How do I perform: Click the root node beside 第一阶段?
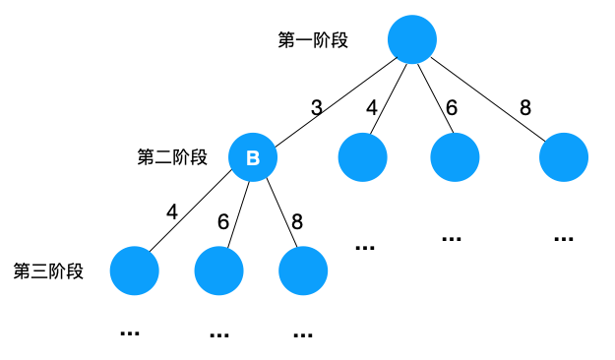[x=411, y=40]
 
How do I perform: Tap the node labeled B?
[x=253, y=157]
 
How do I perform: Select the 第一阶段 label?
[x=313, y=40]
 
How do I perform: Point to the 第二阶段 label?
[x=172, y=157]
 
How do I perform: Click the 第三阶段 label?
[x=48, y=271]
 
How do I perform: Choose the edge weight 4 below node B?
[x=172, y=210]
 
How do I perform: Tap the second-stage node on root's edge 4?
[x=362, y=157]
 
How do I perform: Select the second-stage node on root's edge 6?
[x=455, y=157]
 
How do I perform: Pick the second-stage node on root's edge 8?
[x=564, y=157]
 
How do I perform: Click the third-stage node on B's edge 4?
[x=134, y=271]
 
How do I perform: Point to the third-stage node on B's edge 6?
[x=219, y=271]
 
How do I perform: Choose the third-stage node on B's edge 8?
[x=303, y=271]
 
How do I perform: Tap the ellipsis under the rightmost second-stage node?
[x=564, y=239]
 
